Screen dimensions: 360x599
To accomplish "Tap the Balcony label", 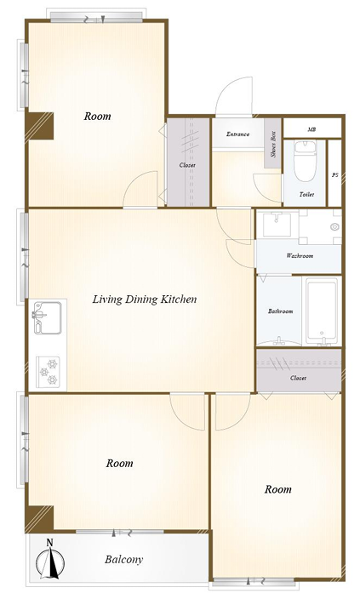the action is point(123,559).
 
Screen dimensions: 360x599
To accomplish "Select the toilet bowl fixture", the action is point(305,160).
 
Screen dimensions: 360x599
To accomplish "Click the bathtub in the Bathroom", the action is point(322,311).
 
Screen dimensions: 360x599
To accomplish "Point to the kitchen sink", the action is point(48,318).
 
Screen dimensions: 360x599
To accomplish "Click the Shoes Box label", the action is point(273,144).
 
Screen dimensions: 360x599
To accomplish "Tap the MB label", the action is point(311,129).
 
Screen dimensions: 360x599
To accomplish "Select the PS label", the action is point(334,175).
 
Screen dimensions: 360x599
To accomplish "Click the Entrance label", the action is point(237,134).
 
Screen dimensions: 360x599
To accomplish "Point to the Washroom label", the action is point(300,255).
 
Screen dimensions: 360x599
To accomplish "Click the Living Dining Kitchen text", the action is point(145,299).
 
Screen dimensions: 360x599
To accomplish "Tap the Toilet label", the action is point(306,195).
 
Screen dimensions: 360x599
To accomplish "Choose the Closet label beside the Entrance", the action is point(187,165).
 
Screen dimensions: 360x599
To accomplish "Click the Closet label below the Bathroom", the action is point(298,378).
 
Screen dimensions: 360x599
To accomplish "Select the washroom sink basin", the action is point(277,225).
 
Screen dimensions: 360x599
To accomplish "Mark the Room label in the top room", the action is point(98,116).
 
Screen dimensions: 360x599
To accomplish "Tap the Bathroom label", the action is point(281,311).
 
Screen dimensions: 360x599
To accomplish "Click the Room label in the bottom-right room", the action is point(277,489).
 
